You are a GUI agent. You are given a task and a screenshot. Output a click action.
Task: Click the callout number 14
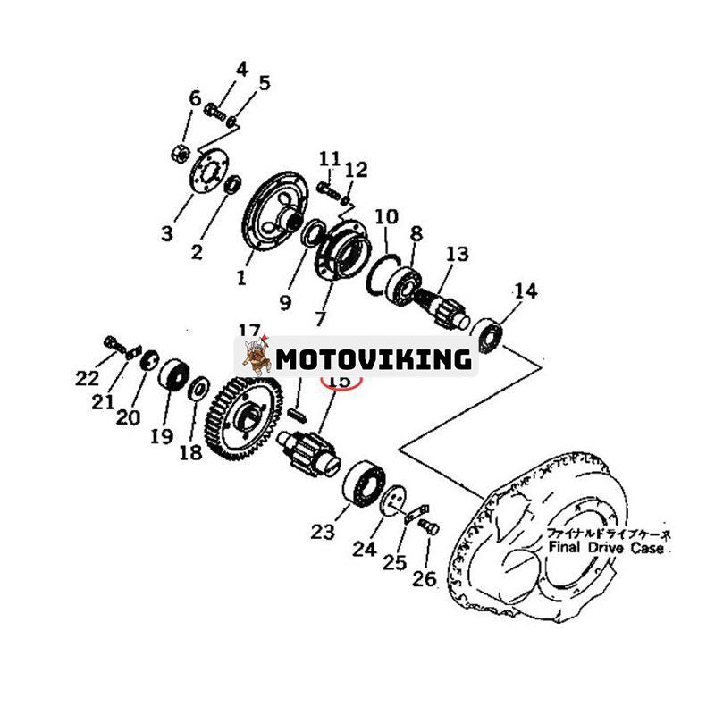[526, 291]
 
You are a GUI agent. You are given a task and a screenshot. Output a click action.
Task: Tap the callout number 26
[424, 579]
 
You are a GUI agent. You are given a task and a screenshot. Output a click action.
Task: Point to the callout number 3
[167, 234]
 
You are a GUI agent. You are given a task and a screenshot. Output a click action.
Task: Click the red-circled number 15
[340, 382]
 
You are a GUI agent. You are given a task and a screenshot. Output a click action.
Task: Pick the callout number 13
[458, 255]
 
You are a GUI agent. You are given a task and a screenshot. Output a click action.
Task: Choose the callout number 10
[386, 216]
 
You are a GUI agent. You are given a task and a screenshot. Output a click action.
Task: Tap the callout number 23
[323, 533]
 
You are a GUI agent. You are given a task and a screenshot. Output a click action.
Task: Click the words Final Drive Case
[608, 548]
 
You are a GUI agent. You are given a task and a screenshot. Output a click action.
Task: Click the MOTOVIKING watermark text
[373, 359]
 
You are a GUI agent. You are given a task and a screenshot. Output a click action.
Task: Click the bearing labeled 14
[487, 333]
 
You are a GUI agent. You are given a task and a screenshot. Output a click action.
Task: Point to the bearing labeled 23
[365, 483]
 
